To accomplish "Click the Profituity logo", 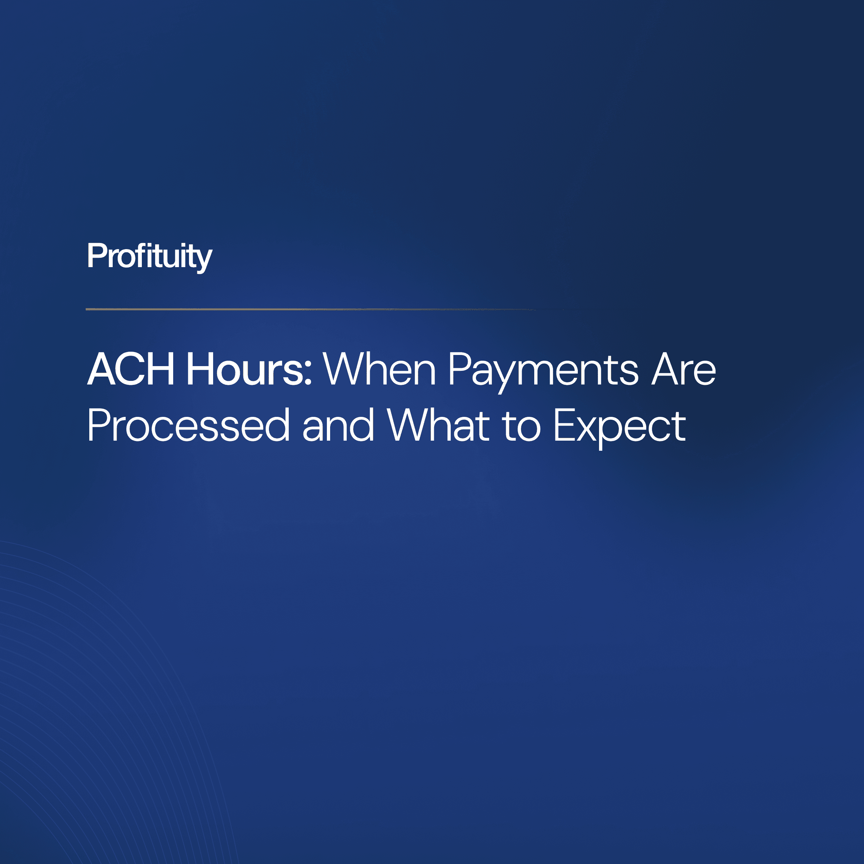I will [149, 257].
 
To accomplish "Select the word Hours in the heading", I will [245, 369].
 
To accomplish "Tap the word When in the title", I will [379, 369].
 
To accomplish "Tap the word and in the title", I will [338, 425].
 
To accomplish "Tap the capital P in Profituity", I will [96, 256].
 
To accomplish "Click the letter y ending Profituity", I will [203, 259].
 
